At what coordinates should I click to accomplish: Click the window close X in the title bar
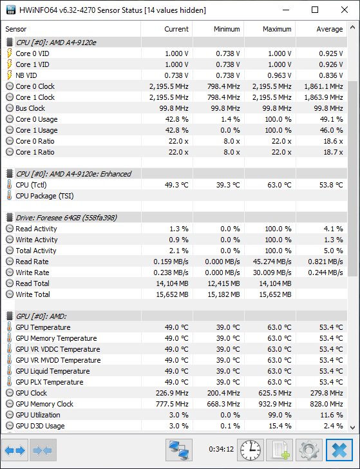[345, 10]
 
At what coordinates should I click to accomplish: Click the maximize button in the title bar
[315, 10]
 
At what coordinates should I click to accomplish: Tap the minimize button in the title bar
[286, 10]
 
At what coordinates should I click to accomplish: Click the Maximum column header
[277, 29]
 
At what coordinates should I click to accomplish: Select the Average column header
[330, 29]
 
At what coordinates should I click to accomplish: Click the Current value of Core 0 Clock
[169, 86]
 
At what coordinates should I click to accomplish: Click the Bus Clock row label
[30, 108]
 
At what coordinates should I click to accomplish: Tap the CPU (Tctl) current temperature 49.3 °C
[176, 185]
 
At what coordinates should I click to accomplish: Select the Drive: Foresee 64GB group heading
[66, 218]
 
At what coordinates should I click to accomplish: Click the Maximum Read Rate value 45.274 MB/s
[272, 262]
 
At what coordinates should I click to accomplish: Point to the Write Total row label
[33, 294]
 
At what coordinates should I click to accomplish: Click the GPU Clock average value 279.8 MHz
[327, 393]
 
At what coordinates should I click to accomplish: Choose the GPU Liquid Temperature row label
[53, 371]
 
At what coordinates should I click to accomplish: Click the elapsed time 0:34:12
[222, 449]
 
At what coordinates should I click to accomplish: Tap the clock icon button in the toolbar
[251, 450]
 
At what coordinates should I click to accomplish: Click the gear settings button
[309, 450]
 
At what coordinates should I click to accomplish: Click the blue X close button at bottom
[339, 450]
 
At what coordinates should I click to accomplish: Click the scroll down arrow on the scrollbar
[352, 427]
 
